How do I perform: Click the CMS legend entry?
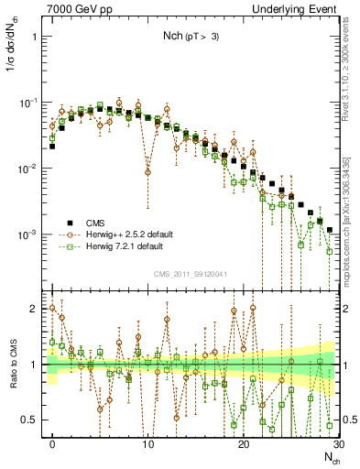click(93, 223)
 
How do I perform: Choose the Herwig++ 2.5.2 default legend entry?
click(124, 234)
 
